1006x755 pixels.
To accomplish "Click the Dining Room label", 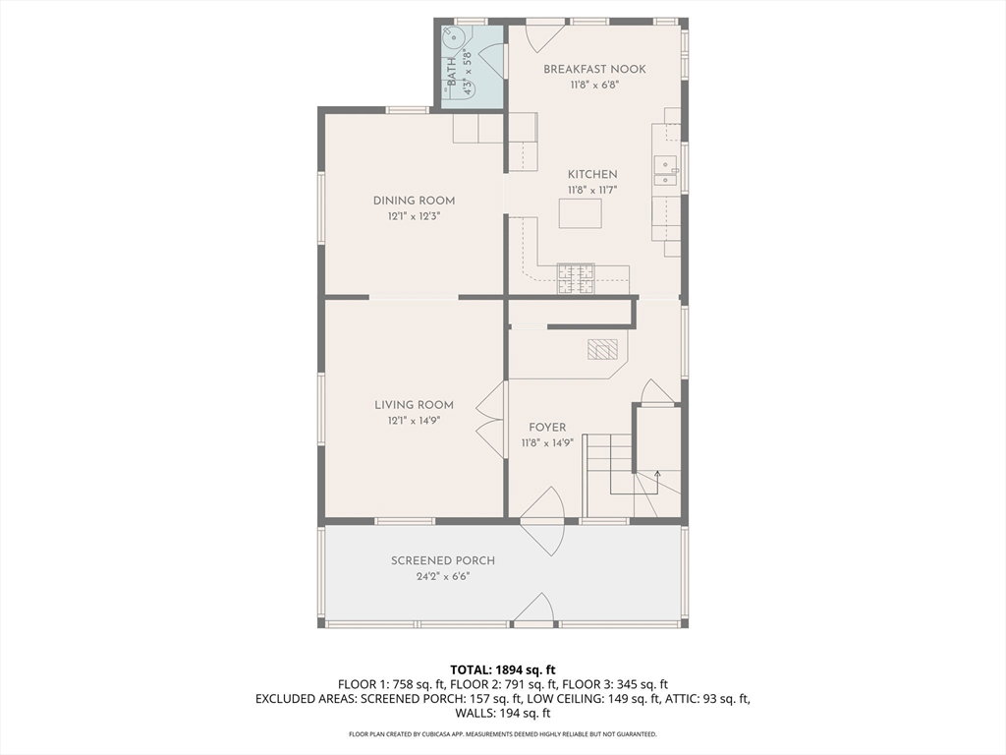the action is [414, 201].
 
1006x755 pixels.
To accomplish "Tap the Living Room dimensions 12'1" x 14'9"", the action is [414, 421].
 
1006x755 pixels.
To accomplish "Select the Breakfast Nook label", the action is [594, 70].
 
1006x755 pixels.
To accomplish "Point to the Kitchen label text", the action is [592, 175].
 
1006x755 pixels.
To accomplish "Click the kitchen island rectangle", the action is [580, 213].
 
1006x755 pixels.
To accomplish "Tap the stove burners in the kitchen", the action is [576, 279].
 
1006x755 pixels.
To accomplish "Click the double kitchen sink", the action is [665, 171].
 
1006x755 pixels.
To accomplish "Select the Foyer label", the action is [547, 428].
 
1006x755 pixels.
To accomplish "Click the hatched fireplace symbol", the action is [602, 349].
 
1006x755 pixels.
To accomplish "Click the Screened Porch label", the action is [443, 561].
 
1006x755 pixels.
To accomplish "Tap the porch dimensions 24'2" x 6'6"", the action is [443, 576].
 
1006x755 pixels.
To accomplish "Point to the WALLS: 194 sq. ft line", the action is [502, 714].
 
